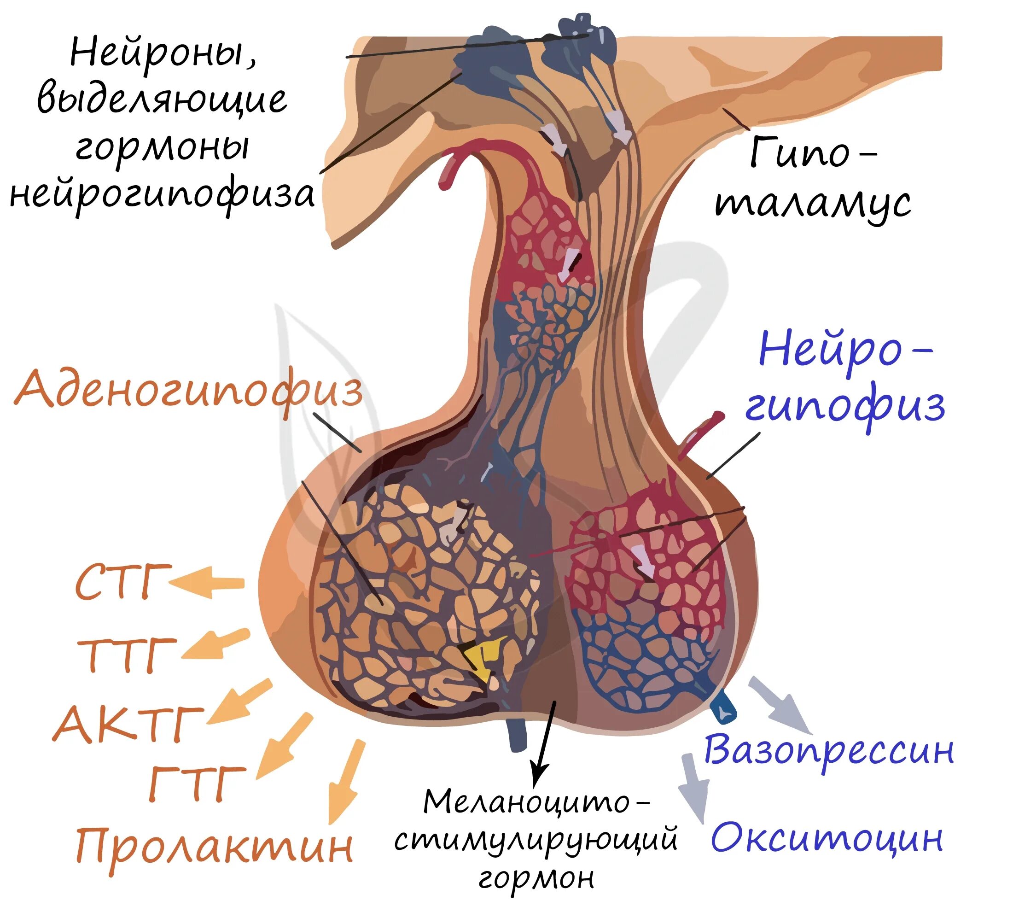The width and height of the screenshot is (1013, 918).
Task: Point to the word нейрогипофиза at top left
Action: (162, 195)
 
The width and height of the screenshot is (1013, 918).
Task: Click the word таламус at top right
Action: (813, 203)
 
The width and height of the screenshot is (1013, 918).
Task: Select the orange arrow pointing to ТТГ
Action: (215, 645)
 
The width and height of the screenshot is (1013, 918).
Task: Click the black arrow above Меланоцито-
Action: (545, 743)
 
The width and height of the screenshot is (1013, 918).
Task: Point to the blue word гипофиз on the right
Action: (844, 406)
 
